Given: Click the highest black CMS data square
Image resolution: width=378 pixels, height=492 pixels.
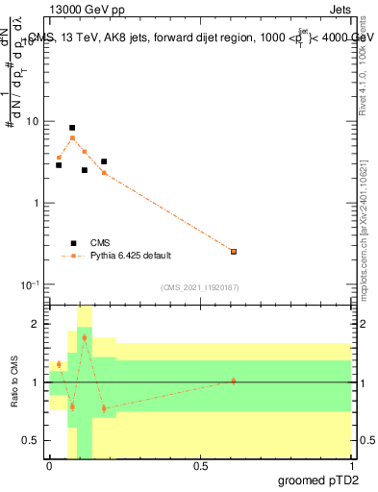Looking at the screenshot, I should tap(72, 128).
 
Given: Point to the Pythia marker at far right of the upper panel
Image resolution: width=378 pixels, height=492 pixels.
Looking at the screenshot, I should tap(234, 252).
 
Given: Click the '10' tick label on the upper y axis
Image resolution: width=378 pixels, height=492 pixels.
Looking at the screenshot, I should tap(33, 122).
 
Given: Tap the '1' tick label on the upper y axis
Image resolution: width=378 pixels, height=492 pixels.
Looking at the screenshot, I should tap(36, 204).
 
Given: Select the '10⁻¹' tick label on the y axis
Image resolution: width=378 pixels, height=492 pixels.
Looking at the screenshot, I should tap(29, 284).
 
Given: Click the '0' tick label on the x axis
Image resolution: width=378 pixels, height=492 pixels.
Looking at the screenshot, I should tap(49, 465).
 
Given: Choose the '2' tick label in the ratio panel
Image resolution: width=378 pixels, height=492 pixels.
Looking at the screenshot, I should tap(36, 325).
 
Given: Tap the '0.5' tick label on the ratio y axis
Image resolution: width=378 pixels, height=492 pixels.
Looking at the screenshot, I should tap(31, 440).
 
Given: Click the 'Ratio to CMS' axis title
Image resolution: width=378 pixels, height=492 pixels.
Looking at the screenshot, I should tap(15, 381).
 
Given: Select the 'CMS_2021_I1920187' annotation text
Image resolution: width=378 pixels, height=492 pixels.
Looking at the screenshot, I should tap(200, 286).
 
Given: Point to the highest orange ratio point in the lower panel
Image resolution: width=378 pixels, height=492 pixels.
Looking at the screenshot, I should tap(85, 338).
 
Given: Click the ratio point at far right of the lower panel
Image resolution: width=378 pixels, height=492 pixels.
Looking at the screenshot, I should tap(234, 381).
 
